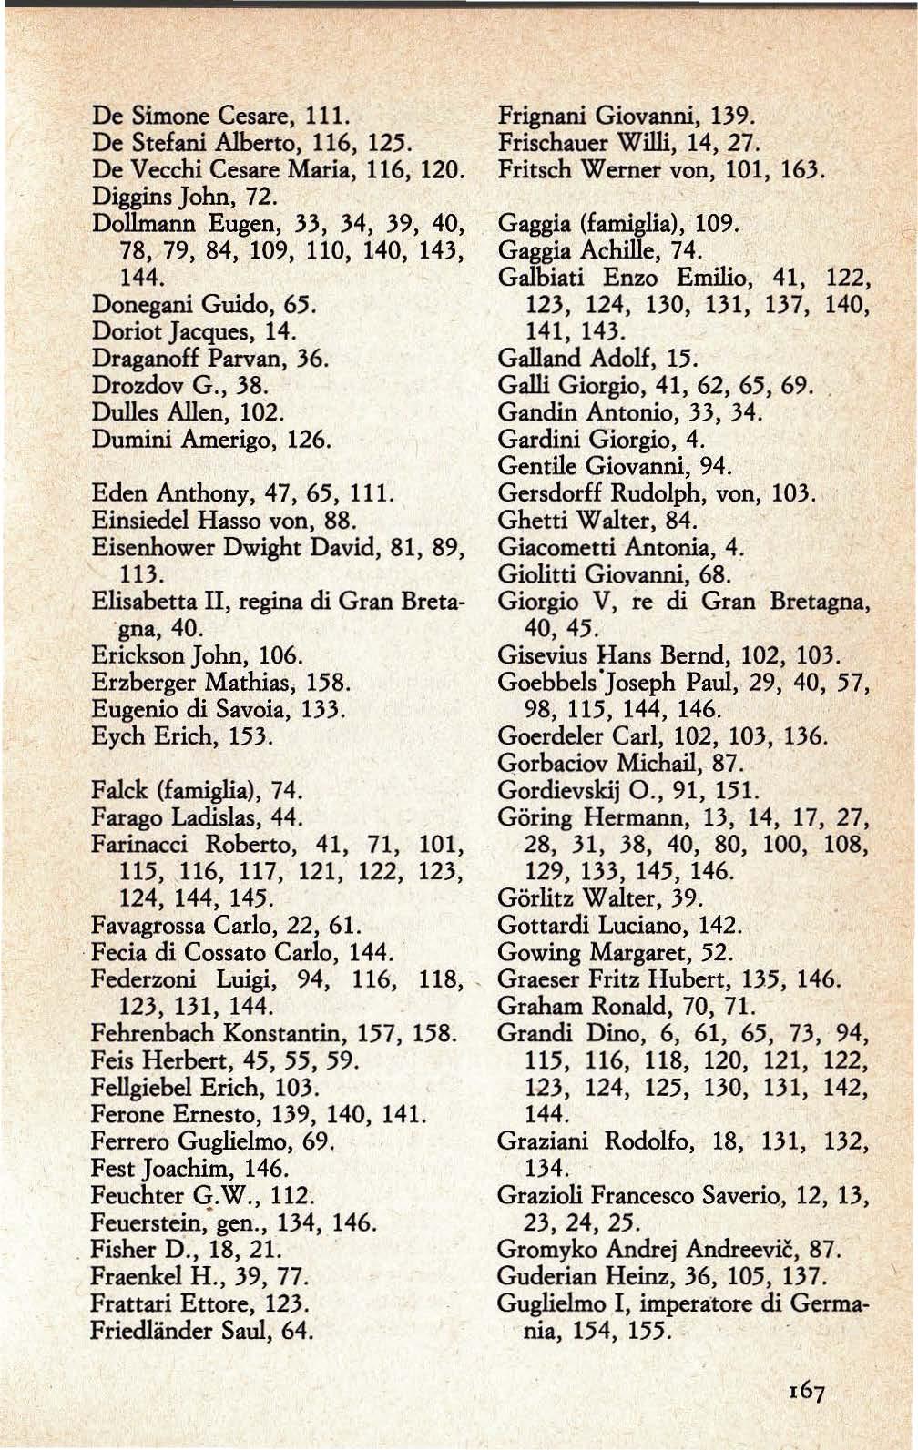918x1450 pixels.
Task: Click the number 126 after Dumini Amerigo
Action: tap(308, 440)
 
